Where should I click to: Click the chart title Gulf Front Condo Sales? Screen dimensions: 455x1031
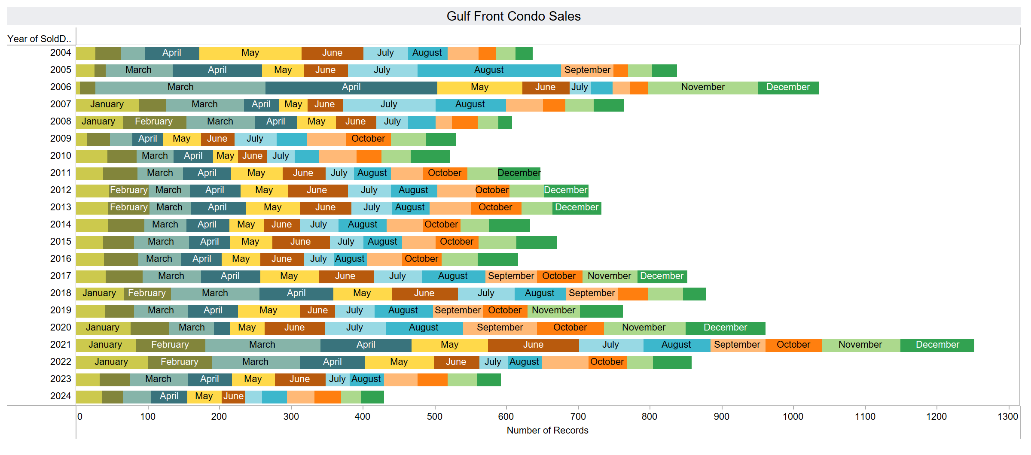click(x=513, y=16)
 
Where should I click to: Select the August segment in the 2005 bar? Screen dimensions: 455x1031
click(x=489, y=70)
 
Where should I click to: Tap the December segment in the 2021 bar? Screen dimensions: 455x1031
click(x=937, y=345)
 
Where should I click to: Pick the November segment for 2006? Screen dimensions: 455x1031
click(x=703, y=88)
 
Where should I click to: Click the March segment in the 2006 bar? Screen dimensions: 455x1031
click(x=180, y=88)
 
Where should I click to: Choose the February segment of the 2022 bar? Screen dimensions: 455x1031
click(x=180, y=362)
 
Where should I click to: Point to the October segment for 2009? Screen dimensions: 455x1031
click(x=368, y=139)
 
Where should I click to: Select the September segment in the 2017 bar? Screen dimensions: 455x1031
click(x=511, y=276)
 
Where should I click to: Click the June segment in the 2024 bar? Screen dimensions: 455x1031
click(x=233, y=397)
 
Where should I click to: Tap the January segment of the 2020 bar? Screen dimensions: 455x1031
click(x=103, y=328)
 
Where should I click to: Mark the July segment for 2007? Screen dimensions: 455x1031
click(x=389, y=105)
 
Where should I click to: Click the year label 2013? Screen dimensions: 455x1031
click(x=61, y=207)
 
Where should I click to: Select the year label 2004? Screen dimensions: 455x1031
click(x=61, y=53)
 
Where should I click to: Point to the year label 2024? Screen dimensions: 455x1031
click(x=61, y=396)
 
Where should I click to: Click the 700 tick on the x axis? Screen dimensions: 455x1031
click(x=578, y=416)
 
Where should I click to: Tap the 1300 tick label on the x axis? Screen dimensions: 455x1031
click(x=1007, y=416)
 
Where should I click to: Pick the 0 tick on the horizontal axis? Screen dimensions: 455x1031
click(x=79, y=416)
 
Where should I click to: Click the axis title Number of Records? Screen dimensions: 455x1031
click(x=547, y=431)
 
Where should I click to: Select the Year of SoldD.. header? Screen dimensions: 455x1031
click(x=39, y=39)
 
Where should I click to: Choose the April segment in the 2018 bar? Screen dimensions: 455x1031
click(x=296, y=294)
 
